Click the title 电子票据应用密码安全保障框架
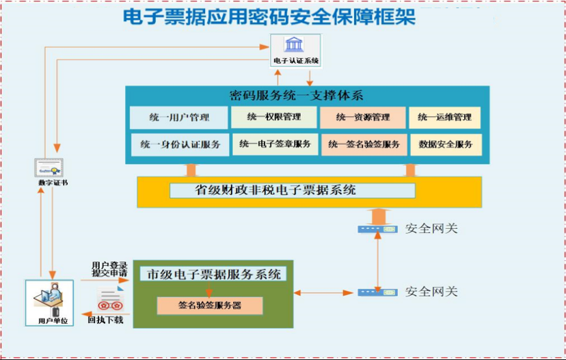click(269, 16)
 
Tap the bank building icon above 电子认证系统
click(295, 44)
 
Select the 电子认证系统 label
click(296, 61)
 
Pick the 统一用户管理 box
click(179, 117)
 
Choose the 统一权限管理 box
click(274, 117)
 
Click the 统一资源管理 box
click(363, 117)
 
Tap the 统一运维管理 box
click(445, 117)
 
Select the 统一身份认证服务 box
click(180, 144)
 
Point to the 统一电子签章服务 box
click(275, 144)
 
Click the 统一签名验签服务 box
click(364, 145)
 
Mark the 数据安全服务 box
click(446, 145)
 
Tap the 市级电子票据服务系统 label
click(213, 275)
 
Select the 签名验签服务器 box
click(210, 305)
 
